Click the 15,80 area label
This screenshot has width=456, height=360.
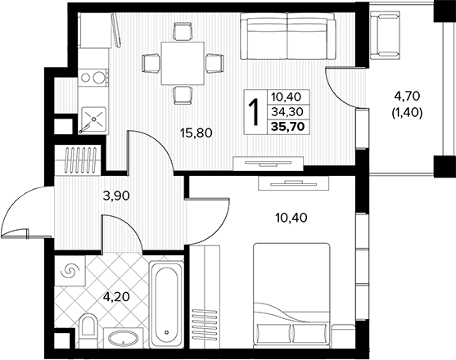pyautogui.click(x=196, y=133)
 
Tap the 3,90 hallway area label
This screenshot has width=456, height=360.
pyautogui.click(x=116, y=196)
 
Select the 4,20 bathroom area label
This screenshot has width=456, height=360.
pyautogui.click(x=116, y=297)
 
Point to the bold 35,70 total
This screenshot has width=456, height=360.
pyautogui.click(x=288, y=127)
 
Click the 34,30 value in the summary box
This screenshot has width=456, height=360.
pyautogui.click(x=287, y=111)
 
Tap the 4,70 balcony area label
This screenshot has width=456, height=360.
pyautogui.click(x=407, y=96)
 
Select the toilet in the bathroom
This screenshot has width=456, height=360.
pyautogui.click(x=88, y=328)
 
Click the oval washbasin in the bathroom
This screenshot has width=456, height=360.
pyautogui.click(x=124, y=338)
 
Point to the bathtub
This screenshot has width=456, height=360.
pyautogui.click(x=166, y=304)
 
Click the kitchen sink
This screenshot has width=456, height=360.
pyautogui.click(x=93, y=119)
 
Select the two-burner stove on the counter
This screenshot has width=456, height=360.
pyautogui.click(x=93, y=77)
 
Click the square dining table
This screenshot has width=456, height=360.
pyautogui.click(x=183, y=63)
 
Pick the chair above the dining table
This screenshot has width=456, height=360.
pyautogui.click(x=183, y=32)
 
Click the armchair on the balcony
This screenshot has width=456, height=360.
pyautogui.click(x=385, y=34)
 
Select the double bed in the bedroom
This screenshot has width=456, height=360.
pyautogui.click(x=291, y=295)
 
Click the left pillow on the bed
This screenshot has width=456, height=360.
pyautogui.click(x=273, y=333)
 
